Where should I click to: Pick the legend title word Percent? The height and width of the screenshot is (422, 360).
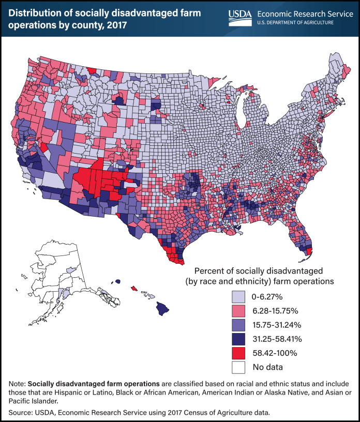(x=209, y=271)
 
